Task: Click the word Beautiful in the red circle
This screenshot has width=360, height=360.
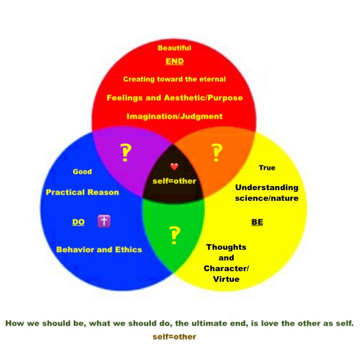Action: [x=174, y=48]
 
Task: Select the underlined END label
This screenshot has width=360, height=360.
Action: [x=174, y=61]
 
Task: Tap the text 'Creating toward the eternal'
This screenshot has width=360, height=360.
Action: [x=174, y=79]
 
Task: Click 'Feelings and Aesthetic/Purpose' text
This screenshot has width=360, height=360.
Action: [x=174, y=98]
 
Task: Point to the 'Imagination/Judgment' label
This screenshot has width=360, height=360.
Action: [x=174, y=116]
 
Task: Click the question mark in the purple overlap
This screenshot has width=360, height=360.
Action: [x=126, y=152]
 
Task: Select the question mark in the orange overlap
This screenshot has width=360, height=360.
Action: [x=217, y=152]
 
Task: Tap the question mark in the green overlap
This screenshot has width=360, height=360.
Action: [x=174, y=236]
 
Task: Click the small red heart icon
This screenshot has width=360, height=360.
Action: [x=174, y=166]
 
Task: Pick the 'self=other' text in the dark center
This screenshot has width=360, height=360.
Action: [x=174, y=181]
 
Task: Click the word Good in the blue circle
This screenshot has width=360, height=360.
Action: [x=82, y=172]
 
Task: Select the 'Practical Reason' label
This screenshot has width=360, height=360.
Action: [x=82, y=192]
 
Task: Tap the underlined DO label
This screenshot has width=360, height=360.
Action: [x=78, y=222]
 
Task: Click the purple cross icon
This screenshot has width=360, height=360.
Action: [x=103, y=221]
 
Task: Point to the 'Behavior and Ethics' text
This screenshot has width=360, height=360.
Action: [x=99, y=249]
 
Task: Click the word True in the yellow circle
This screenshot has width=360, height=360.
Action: [x=267, y=168]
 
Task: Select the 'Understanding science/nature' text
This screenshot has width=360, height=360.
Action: [x=267, y=193]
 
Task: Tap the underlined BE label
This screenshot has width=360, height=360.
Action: [x=257, y=222]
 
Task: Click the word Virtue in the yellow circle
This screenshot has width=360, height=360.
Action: [x=226, y=279]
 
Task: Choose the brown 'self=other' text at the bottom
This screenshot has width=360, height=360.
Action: [x=174, y=337]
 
